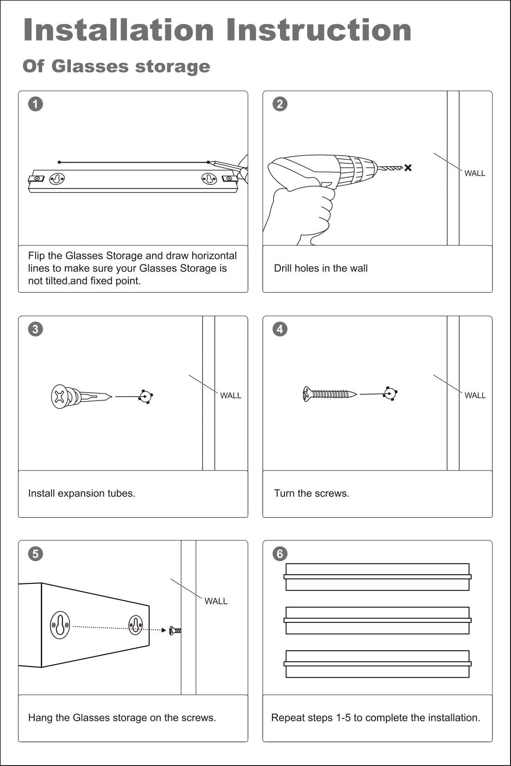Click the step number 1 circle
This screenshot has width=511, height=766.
pyautogui.click(x=35, y=104)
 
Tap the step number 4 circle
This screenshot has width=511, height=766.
pyautogui.click(x=280, y=329)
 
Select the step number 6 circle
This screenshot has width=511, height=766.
pyautogui.click(x=280, y=554)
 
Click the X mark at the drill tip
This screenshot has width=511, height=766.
pyautogui.click(x=408, y=168)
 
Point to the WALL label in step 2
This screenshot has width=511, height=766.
pyautogui.click(x=475, y=173)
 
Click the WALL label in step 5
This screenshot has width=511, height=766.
pyautogui.click(x=216, y=601)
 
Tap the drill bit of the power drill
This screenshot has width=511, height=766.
pyautogui.click(x=391, y=168)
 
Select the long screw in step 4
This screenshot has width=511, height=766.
pyautogui.click(x=329, y=394)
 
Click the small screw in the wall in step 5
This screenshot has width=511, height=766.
pyautogui.click(x=176, y=630)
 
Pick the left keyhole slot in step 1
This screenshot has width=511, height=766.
pyautogui.click(x=57, y=178)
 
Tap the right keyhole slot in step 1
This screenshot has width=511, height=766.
pyautogui.click(x=209, y=178)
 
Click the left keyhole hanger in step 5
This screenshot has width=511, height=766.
pyautogui.click(x=60, y=625)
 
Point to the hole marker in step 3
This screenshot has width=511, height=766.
pyautogui.click(x=146, y=397)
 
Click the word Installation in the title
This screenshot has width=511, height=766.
pyautogui.click(x=118, y=31)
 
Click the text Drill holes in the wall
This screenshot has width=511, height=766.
pyautogui.click(x=321, y=268)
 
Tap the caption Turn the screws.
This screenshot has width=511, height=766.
pyautogui.click(x=311, y=493)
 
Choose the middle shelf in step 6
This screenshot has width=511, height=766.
pyautogui.click(x=377, y=620)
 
